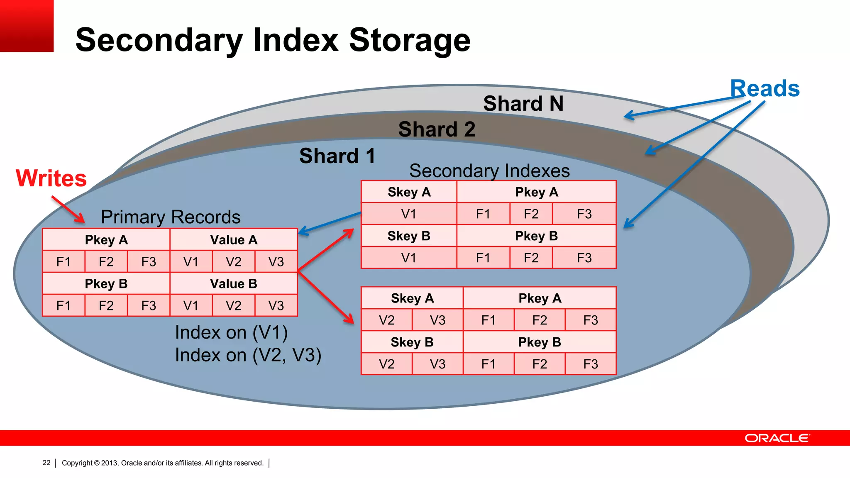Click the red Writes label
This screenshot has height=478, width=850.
(51, 178)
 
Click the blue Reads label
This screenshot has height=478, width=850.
(765, 88)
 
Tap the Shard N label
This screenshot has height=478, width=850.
(523, 103)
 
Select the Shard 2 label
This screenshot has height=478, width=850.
(437, 129)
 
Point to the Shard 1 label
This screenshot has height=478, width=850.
(337, 156)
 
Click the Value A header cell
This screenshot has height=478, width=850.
(234, 240)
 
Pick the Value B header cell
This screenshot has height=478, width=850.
(234, 284)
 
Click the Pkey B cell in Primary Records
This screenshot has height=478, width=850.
(106, 284)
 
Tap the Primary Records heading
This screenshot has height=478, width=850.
(171, 217)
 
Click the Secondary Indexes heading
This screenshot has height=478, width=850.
(489, 171)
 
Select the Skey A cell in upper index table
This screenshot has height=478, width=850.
(409, 192)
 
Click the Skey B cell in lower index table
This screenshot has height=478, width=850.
(412, 342)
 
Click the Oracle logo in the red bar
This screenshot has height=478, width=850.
(777, 438)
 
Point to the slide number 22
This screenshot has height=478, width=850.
(46, 463)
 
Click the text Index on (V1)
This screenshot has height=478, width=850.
(231, 332)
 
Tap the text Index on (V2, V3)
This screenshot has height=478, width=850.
(248, 355)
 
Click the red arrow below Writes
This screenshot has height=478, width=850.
(68, 210)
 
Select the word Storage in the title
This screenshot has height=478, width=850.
(410, 40)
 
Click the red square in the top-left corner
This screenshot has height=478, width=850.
(27, 26)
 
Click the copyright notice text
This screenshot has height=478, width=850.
(163, 463)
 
